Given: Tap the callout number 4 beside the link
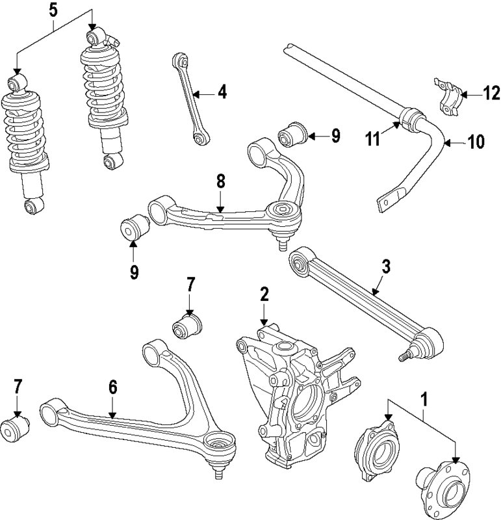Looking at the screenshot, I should click(x=222, y=92).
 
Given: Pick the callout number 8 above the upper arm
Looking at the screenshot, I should click(x=221, y=182).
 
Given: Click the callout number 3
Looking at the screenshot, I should click(x=385, y=266).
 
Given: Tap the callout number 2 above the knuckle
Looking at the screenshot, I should click(x=264, y=294).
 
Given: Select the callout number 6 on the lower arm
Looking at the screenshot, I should click(x=112, y=388).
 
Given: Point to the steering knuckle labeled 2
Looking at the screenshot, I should click(x=292, y=396).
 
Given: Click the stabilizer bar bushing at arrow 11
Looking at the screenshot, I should click(x=412, y=120).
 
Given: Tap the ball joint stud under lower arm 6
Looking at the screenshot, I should click(x=218, y=472).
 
